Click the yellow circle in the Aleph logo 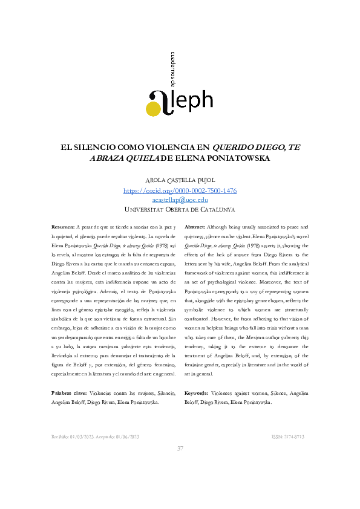154,108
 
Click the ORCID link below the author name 180,190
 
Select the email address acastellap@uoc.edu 180,199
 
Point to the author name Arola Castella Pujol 180,181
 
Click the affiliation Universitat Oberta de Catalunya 180,209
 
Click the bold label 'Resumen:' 63,225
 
